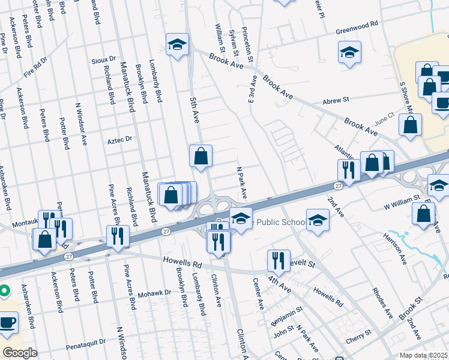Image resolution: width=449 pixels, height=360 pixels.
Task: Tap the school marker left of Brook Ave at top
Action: tap(178, 45)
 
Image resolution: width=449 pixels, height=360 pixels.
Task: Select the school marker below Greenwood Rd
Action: tap(349, 52)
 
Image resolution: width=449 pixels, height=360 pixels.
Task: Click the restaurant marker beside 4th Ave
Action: tap(279, 260)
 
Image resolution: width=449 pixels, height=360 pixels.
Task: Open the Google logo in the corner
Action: tap(20, 353)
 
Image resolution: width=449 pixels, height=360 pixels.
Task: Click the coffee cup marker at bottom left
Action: tap(7, 322)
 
